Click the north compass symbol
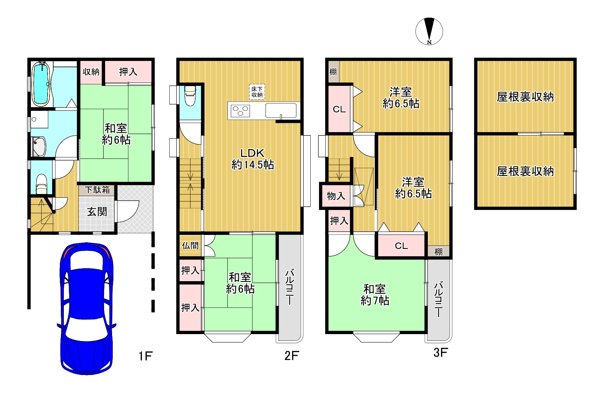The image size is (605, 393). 429,31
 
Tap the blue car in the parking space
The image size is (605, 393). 86,308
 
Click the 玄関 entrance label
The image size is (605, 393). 97,212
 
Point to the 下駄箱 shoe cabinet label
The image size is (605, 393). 97,190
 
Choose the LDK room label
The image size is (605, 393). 252,153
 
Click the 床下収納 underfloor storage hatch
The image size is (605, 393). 257,92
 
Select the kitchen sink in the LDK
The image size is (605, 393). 281,110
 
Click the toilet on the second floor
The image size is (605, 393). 190,96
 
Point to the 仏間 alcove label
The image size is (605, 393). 190,246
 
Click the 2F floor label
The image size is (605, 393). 291,356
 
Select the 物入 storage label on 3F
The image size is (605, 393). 336,196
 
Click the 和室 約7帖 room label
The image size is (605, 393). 375,295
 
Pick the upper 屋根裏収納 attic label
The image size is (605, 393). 525,97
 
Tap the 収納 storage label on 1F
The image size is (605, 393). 91,72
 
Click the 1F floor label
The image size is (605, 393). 145,356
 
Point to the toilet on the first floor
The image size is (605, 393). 41,184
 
